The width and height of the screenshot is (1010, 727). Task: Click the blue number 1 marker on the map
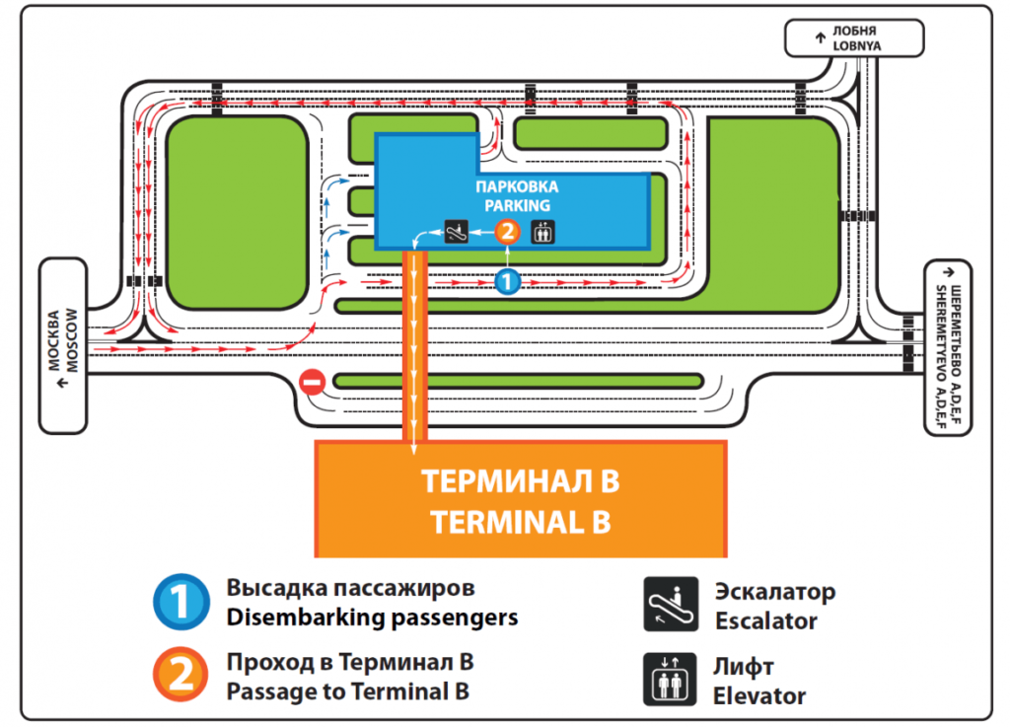tap(508, 281)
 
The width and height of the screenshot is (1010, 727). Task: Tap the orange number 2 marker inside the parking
tap(508, 231)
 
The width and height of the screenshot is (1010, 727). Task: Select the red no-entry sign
tap(313, 382)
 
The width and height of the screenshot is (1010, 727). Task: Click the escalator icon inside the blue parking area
tap(457, 231)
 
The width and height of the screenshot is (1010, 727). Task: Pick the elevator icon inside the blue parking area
tap(542, 232)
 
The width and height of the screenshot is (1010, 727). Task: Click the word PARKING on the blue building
tap(517, 206)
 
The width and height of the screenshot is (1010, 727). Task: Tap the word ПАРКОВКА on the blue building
tap(517, 187)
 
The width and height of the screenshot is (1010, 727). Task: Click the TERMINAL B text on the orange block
tap(521, 522)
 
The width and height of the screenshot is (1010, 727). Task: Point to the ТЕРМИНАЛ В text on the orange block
tap(521, 481)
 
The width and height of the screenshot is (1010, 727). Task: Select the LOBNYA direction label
tap(857, 46)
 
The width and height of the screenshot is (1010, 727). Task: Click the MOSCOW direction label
tap(72, 340)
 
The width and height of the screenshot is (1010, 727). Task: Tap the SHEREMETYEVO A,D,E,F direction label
tap(941, 357)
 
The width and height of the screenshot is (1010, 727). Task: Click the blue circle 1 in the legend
tap(181, 602)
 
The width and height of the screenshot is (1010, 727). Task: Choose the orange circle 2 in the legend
tap(181, 675)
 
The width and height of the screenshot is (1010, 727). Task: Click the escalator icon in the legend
tap(671, 604)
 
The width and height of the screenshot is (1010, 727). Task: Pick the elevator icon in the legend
tap(670, 680)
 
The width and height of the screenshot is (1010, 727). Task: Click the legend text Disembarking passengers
tap(372, 618)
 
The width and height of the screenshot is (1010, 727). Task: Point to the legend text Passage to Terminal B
tap(348, 691)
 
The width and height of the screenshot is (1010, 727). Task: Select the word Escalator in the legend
tap(765, 621)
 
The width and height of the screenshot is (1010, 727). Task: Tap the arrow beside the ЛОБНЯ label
tap(820, 38)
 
